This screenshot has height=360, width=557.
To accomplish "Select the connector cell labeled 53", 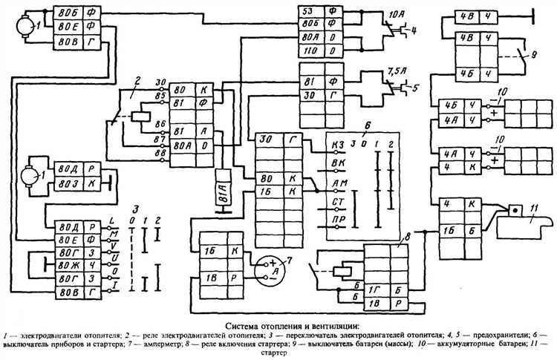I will [x=307, y=11].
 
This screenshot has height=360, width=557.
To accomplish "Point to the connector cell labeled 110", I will [x=307, y=51].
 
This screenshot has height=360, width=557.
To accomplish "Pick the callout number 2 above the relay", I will [x=137, y=79].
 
